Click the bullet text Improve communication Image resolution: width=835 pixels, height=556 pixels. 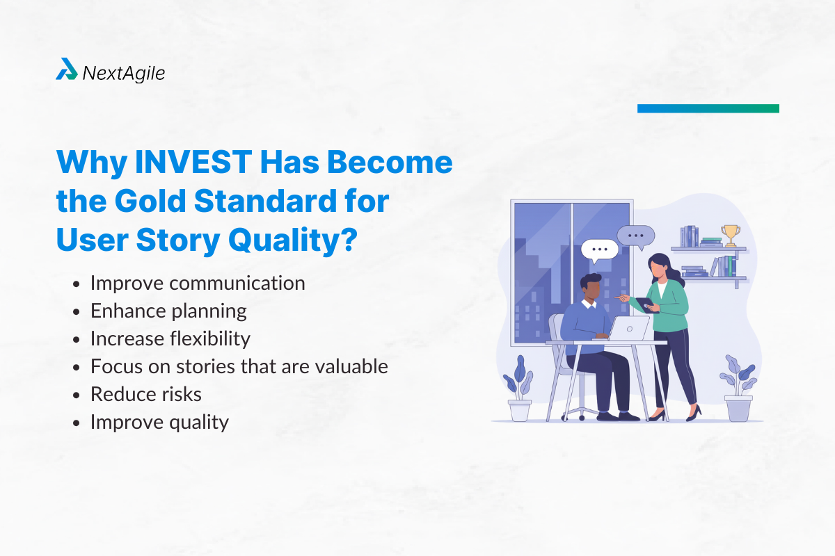[x=198, y=283]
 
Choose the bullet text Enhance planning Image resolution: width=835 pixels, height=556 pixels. [x=168, y=311]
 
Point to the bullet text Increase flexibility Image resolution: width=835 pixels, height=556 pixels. [x=170, y=338]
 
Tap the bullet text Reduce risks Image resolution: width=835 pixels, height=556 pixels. [x=146, y=394]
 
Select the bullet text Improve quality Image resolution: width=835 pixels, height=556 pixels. [x=159, y=422]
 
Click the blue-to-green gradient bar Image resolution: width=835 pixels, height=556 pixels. [x=708, y=108]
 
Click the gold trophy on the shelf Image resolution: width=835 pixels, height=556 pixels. [x=730, y=234]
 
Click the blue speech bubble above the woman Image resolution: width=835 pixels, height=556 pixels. [x=635, y=236]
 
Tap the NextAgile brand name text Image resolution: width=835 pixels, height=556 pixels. [x=123, y=72]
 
